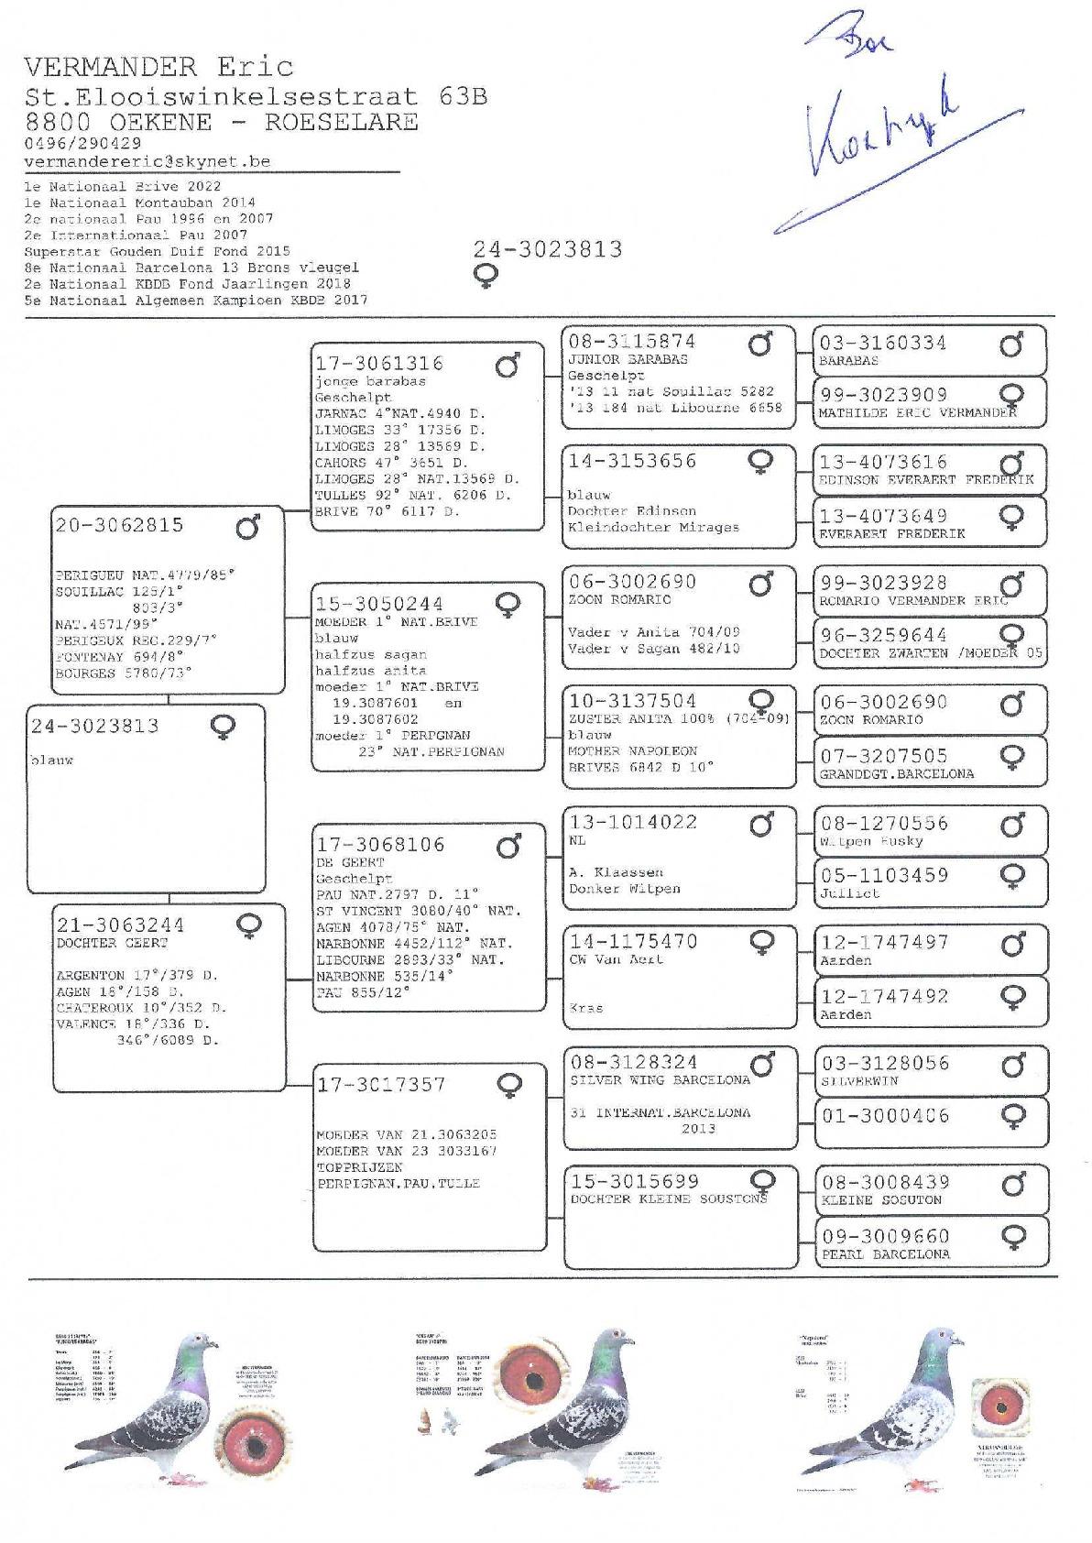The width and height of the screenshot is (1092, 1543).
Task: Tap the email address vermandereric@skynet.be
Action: tap(147, 161)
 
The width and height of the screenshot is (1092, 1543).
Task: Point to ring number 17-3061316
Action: tap(379, 364)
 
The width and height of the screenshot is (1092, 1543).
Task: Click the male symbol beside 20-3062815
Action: tap(248, 528)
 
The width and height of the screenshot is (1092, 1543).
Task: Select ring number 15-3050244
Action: tap(379, 604)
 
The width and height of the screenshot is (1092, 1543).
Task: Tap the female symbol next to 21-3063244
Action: tap(248, 926)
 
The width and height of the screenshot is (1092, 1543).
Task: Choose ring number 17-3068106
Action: tap(380, 845)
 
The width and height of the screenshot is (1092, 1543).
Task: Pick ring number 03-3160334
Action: tap(883, 344)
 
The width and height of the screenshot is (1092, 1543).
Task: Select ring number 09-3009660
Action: tap(884, 1237)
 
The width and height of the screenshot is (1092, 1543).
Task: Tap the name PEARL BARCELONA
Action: tap(885, 1253)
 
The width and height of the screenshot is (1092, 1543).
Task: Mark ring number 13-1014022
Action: tap(633, 822)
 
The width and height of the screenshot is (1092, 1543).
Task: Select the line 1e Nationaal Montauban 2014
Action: tap(140, 202)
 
